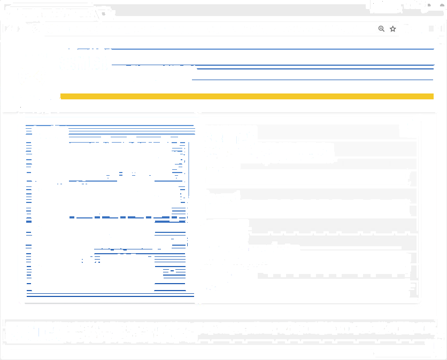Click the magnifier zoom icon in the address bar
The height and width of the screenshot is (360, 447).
[x=381, y=29]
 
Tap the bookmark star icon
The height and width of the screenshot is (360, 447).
[x=393, y=29]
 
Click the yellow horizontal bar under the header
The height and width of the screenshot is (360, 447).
[x=246, y=96]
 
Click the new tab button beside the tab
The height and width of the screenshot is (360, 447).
[x=105, y=12]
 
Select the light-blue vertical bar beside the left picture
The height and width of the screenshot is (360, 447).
[x=188, y=171]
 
